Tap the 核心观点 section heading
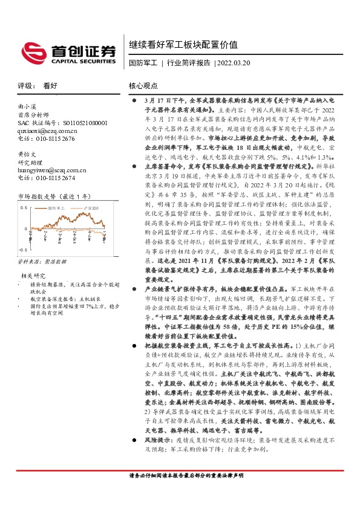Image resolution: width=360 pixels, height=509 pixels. (143, 86)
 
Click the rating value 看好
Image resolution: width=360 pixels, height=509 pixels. (50, 86)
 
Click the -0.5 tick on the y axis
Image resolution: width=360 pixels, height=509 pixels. (23, 249)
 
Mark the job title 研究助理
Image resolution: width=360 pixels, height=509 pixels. (30, 162)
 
